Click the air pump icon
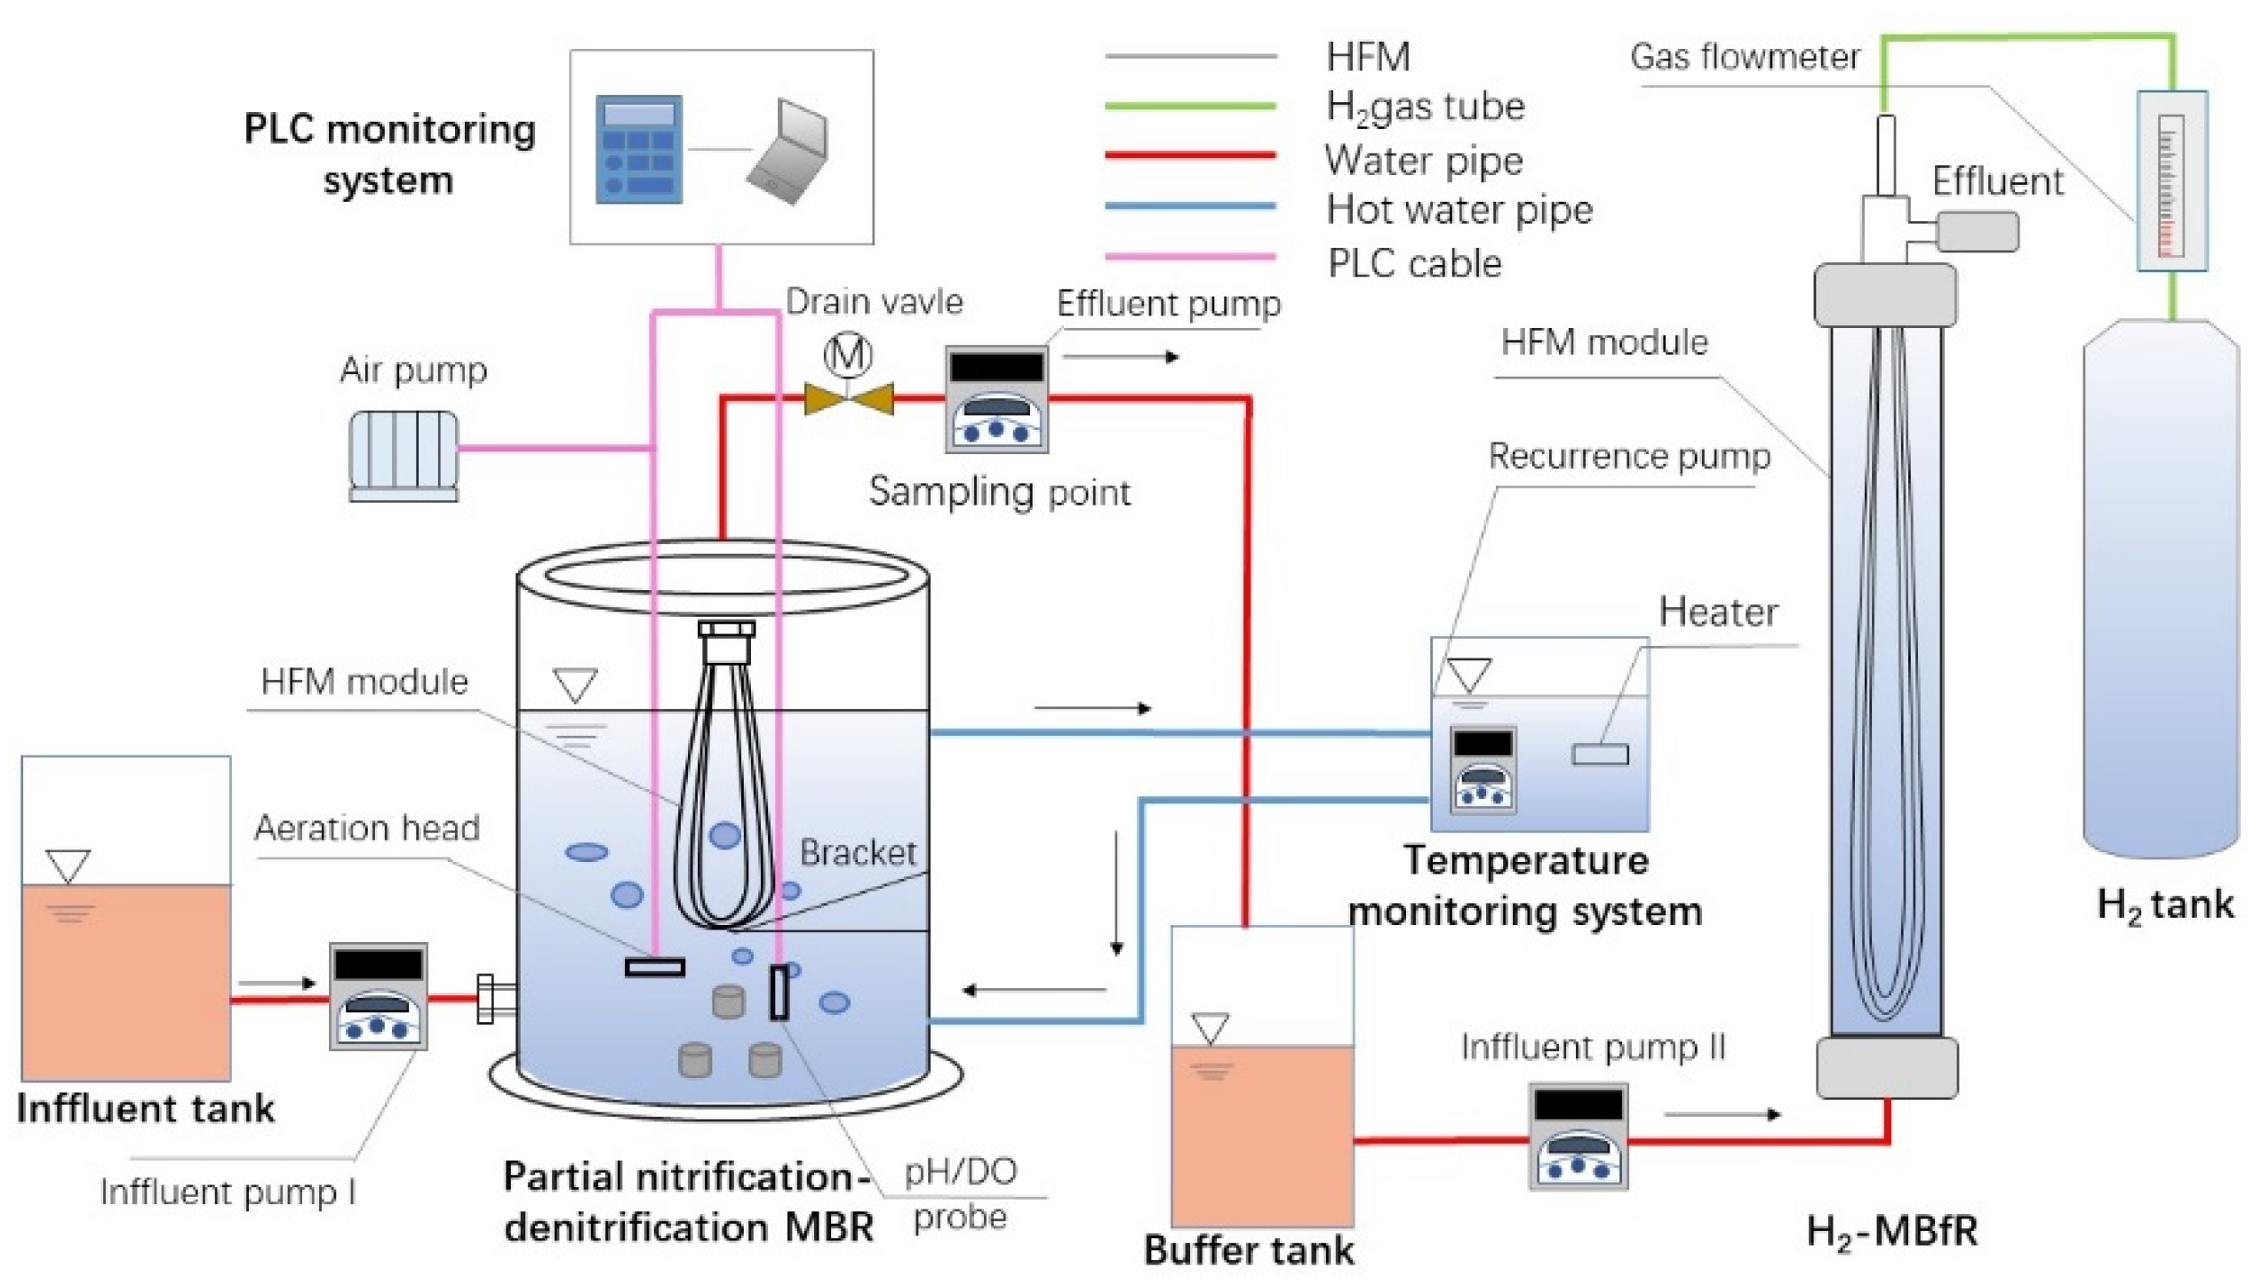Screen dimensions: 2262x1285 pyautogui.click(x=404, y=456)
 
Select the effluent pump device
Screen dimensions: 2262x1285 pyautogui.click(x=996, y=399)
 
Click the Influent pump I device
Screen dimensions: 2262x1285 pyautogui.click(x=379, y=996)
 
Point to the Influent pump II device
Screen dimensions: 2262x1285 pyautogui.click(x=1579, y=1136)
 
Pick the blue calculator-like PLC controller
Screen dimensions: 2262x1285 pyautogui.click(x=639, y=149)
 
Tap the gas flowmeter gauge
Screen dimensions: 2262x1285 pyautogui.click(x=2171, y=181)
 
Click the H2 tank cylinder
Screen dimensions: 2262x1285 pyautogui.click(x=2161, y=588)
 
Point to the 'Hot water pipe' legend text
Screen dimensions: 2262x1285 pyautogui.click(x=1459, y=211)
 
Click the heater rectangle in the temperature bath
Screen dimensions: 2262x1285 pyautogui.click(x=1600, y=754)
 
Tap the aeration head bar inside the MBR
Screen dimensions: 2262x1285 pyautogui.click(x=655, y=967)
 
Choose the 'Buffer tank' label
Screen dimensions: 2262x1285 pyautogui.click(x=1249, y=1249)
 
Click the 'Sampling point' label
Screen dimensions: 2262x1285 pyautogui.click(x=999, y=491)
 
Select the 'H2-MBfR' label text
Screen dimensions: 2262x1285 pyautogui.click(x=1892, y=1232)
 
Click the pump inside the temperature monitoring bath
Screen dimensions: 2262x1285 pyautogui.click(x=1483, y=770)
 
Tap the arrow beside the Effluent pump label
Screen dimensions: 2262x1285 pyautogui.click(x=1122, y=357)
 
